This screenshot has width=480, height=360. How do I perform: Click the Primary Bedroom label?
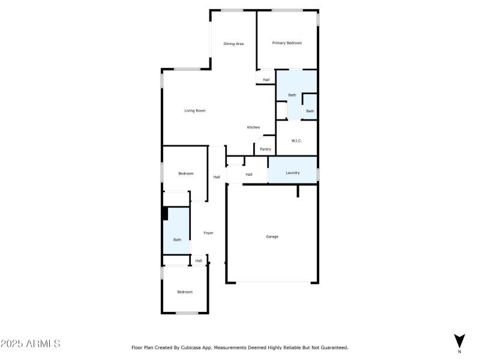click(x=287, y=43)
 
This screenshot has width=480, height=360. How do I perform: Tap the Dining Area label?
click(x=233, y=44)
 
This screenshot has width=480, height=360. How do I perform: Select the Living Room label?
click(x=195, y=110)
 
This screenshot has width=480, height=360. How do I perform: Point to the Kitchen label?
click(x=253, y=127)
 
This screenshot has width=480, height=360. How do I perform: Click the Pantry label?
click(x=265, y=149)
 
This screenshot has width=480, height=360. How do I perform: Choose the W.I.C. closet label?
click(x=296, y=141)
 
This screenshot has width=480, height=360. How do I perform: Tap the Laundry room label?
click(x=292, y=173)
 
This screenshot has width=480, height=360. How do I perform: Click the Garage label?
click(x=272, y=236)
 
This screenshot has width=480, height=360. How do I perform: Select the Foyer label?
click(x=208, y=233)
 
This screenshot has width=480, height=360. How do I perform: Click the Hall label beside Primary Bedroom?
click(x=266, y=80)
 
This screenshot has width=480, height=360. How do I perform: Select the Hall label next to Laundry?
click(x=248, y=175)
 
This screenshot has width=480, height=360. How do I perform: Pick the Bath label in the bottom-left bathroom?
click(x=177, y=240)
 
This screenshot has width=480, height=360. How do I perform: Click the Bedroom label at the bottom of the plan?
click(x=184, y=292)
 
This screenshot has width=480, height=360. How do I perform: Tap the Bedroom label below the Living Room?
click(x=186, y=173)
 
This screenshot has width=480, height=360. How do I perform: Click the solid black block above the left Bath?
click(x=164, y=214)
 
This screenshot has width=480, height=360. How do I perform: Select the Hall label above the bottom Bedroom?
click(x=199, y=260)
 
